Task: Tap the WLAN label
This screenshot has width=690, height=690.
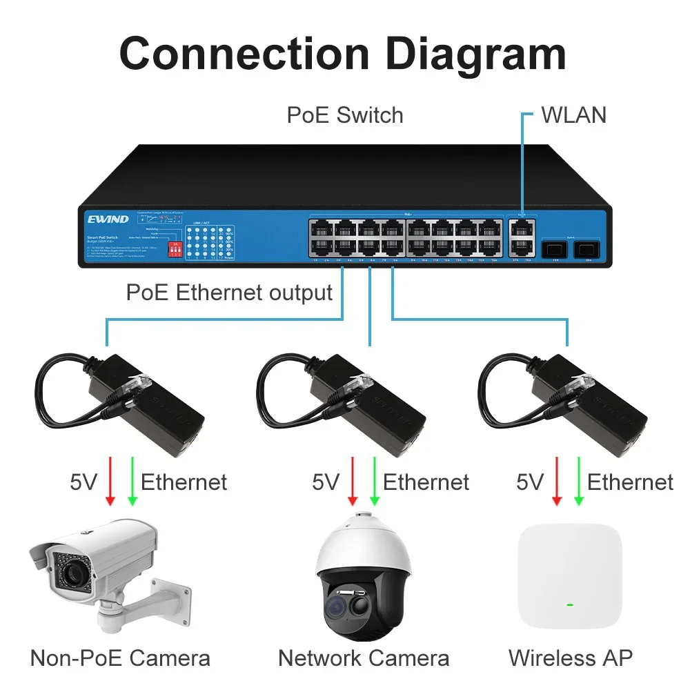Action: [x=573, y=115]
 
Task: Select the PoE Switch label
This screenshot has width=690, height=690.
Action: [x=345, y=115]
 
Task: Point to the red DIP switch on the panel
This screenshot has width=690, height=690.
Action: [x=175, y=249]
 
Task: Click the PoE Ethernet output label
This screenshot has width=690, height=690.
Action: [x=229, y=292]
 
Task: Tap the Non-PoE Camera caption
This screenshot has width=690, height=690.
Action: [x=120, y=658]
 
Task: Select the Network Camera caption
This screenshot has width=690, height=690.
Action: [x=364, y=658]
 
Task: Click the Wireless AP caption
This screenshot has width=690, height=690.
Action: [x=570, y=658]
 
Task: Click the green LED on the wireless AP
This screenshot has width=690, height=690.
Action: [x=570, y=605]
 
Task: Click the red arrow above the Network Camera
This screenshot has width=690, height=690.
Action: [x=353, y=481]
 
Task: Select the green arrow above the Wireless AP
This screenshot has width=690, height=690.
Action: [x=578, y=481]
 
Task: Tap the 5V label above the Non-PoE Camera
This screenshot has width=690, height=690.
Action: [x=83, y=482]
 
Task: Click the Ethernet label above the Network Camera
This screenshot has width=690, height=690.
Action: [x=426, y=482]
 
